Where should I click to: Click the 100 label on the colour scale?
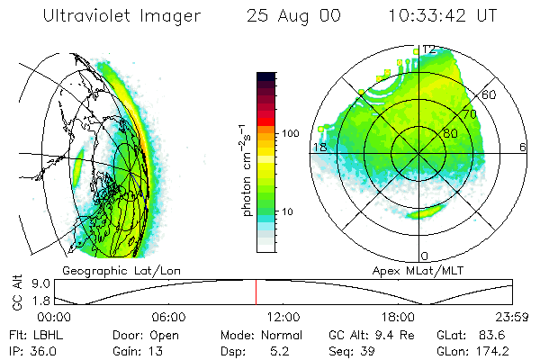click(x=292, y=133)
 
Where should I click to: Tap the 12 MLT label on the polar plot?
click(x=429, y=49)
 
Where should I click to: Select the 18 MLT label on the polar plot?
click(x=319, y=146)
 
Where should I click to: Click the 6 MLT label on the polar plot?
click(x=523, y=146)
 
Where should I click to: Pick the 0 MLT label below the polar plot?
click(x=425, y=256)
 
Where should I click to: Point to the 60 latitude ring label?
click(x=490, y=94)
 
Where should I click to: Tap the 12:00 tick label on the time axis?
click(x=283, y=317)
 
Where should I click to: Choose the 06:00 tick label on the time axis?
click(x=168, y=317)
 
